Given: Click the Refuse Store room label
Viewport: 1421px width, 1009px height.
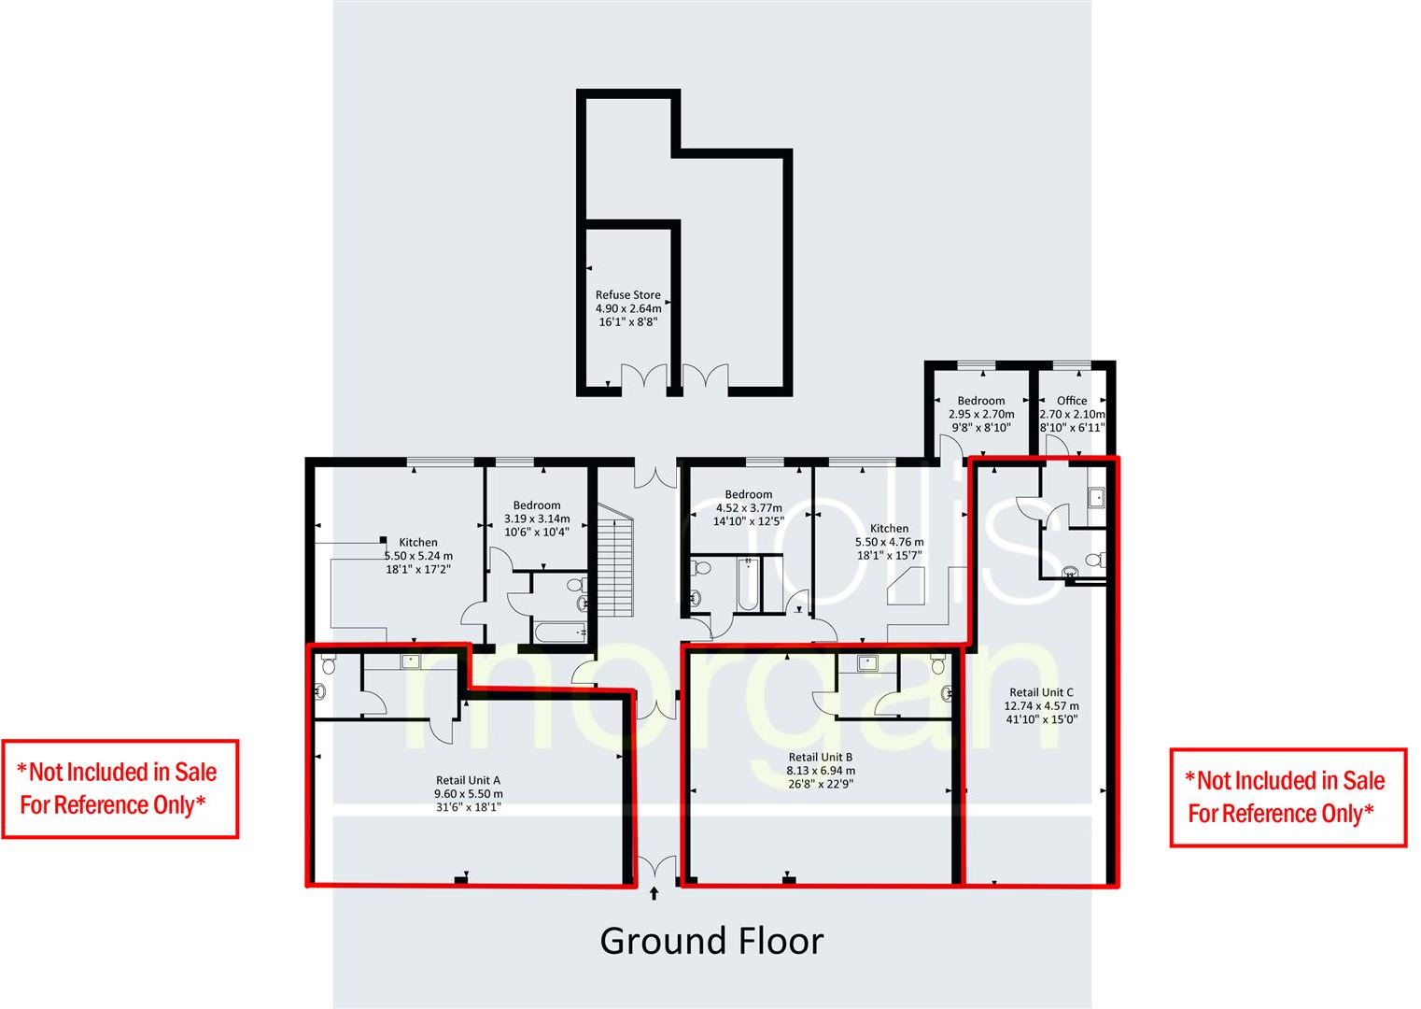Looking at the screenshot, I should click(627, 294).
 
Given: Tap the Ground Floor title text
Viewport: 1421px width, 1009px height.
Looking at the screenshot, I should click(711, 941).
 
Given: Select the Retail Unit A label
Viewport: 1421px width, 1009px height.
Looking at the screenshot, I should click(468, 780).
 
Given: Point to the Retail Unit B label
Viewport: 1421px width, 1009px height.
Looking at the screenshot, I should click(820, 757).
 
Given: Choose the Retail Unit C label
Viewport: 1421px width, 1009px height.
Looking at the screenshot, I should click(1041, 692).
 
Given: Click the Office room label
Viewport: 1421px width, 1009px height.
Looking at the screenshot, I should click(1071, 400).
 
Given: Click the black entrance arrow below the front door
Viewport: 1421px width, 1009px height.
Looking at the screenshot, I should click(654, 893).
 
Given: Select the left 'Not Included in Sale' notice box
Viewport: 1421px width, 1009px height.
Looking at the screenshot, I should click(120, 789).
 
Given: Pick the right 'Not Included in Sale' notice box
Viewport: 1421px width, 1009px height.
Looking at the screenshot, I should click(1287, 797).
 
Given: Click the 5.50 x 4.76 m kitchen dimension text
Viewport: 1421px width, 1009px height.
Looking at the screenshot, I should click(889, 542).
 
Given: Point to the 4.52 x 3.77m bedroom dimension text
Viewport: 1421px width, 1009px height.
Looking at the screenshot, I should click(749, 508).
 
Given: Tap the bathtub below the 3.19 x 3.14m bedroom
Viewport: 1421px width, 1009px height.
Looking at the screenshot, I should click(559, 632).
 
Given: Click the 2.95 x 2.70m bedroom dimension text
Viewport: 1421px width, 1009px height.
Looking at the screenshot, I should click(981, 414).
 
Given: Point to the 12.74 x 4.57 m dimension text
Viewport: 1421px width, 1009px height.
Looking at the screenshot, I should click(1041, 706).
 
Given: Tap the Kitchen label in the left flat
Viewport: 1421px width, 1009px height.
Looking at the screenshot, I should click(418, 542).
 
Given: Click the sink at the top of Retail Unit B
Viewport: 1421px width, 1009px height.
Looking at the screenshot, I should click(868, 663).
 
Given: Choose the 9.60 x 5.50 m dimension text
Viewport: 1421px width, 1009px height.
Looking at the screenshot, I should click(468, 794).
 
